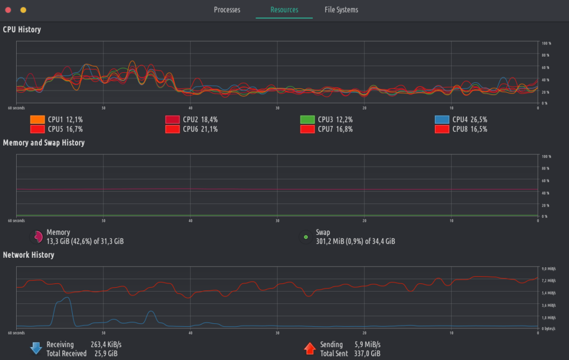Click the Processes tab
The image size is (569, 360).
point(227,10)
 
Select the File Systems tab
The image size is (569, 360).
point(341,10)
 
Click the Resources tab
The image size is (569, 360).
point(284,10)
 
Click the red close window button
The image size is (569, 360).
point(8,10)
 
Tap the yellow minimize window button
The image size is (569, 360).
point(23,10)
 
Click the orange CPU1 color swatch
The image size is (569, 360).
point(37,119)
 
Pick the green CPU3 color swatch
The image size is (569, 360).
point(307,119)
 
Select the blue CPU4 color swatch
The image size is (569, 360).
point(442,119)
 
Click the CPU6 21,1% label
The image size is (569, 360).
point(200,129)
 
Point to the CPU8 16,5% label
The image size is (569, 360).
point(470,129)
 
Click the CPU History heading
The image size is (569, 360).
point(22,29)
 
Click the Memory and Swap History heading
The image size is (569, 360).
point(43,143)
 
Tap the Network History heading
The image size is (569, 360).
point(28,255)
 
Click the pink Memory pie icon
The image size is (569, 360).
point(36,237)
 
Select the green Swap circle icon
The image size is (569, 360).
point(305,237)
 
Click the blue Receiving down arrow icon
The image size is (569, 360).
point(36,348)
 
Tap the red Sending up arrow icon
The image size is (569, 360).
point(310,348)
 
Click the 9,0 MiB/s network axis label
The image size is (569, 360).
point(549,269)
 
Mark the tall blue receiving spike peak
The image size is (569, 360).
point(66,298)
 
